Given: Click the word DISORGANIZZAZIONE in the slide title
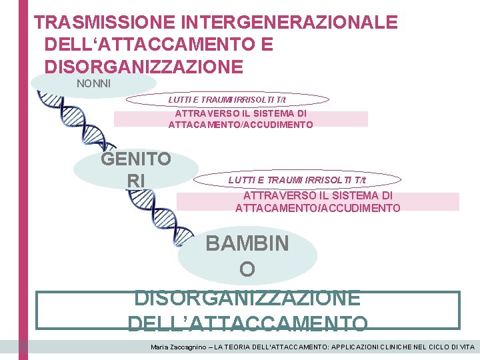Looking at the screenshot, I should pos(143,67).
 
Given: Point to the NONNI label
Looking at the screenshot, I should pos(94,83).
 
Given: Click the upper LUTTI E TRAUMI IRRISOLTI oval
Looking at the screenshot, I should pos(227,99).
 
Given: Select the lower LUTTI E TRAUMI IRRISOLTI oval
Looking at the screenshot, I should pos(297,181).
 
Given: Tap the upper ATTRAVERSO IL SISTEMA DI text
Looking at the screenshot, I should pos(241,113).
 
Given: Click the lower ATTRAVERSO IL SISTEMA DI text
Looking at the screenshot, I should pos(317,195).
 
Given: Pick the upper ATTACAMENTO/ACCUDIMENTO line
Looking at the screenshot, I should pos(241,125).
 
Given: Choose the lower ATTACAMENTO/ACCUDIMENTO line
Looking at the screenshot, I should pos(317,208).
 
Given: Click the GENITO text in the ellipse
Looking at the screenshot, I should pos(135,159).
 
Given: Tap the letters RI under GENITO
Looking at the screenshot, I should pos(135,180).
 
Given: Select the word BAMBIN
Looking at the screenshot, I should pos(247,243).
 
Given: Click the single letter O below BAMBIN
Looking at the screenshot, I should pos(247,269).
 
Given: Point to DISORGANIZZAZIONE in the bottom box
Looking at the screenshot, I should pos(247,297).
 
